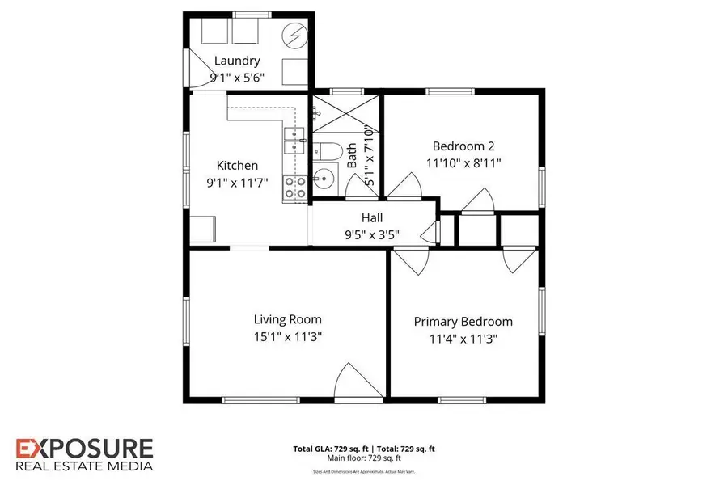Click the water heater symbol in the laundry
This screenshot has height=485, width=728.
coord(294,36)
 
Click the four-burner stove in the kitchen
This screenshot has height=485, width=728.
coord(294,188)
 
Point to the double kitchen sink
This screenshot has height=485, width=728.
coord(294,140)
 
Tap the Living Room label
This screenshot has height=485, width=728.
coord(287,319)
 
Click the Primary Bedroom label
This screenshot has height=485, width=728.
coord(463,322)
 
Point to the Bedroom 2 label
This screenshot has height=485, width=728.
coord(463,146)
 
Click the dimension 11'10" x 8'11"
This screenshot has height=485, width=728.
coord(463,162)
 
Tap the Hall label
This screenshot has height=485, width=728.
coord(372,218)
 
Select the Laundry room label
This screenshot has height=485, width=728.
coord(237,61)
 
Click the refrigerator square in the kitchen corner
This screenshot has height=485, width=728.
coord(202,228)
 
